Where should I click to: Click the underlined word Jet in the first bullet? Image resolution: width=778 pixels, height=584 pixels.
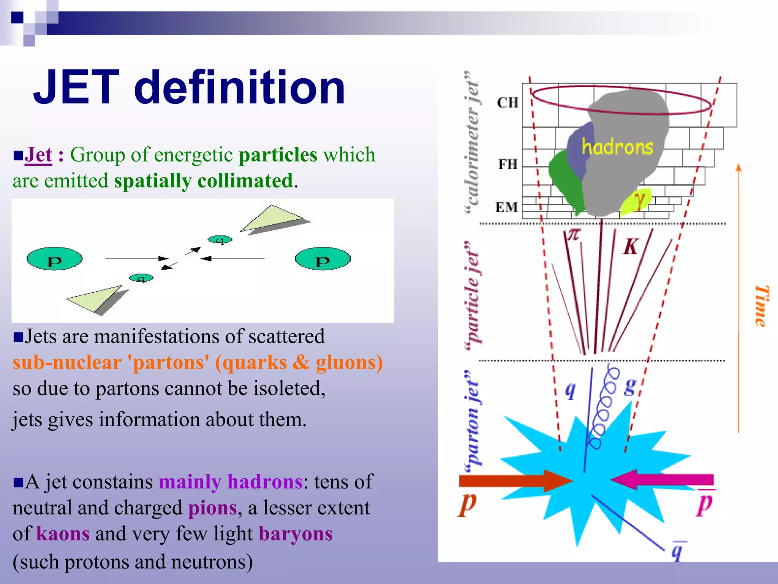(x=38, y=155)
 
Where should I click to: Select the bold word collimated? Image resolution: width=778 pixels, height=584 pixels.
(x=245, y=181)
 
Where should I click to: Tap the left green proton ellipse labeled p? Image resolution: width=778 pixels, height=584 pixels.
(x=54, y=259)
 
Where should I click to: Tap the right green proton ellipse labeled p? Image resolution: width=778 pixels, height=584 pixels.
(x=323, y=259)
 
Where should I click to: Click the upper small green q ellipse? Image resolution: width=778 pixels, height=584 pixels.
(x=220, y=240)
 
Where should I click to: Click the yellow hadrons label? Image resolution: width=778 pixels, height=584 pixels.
(x=618, y=147)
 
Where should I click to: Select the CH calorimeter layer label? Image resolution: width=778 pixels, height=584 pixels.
(x=508, y=103)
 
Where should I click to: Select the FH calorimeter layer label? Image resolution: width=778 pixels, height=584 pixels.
(x=508, y=164)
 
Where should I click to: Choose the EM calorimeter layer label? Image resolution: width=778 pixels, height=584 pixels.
(x=507, y=207)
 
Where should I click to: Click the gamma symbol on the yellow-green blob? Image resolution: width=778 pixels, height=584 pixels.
(x=639, y=200)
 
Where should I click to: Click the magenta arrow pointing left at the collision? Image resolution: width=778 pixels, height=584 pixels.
(x=663, y=480)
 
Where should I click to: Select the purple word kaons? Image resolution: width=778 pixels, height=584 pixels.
(x=63, y=534)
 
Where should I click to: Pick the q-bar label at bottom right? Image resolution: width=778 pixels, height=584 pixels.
(x=677, y=551)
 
